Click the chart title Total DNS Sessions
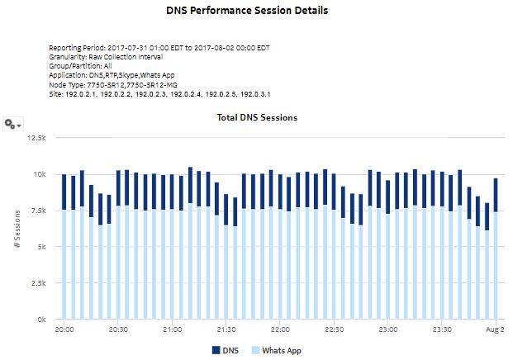(256, 118)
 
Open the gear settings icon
(12, 124)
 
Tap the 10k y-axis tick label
(38, 174)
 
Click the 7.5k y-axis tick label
(36, 211)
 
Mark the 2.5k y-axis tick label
(36, 283)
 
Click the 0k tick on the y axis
(40, 320)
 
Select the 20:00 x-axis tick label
(64, 330)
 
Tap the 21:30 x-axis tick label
(226, 330)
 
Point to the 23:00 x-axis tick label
(387, 330)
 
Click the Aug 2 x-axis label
(495, 330)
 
